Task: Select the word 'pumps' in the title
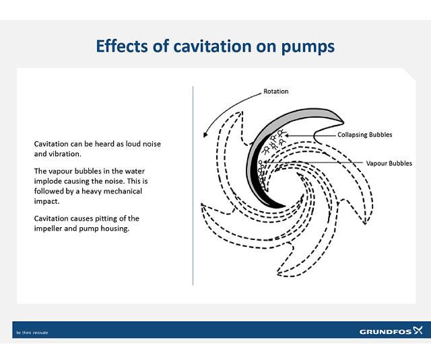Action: point(302,46)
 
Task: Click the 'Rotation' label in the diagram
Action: point(275,91)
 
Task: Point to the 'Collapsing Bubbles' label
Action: point(364,134)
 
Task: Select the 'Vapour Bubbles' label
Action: point(389,163)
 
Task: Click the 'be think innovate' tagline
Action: point(32,332)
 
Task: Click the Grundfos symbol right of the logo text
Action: point(418,330)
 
